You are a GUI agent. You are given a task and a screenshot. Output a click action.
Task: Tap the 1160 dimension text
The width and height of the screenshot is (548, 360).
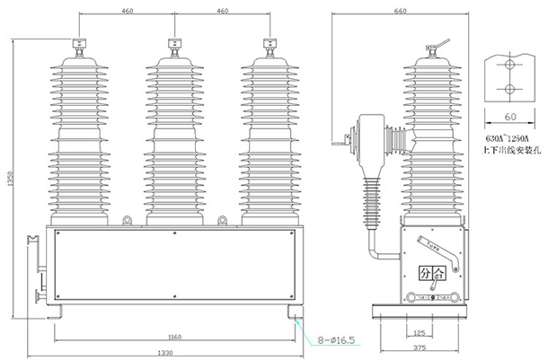click(174, 337)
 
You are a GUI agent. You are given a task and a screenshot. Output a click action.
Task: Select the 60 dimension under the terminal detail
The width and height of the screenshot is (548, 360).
click(508, 117)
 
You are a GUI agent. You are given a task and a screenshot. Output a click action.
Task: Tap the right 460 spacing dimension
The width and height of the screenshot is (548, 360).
click(220, 11)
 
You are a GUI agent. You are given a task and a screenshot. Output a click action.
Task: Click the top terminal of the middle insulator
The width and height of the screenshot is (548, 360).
click(174, 45)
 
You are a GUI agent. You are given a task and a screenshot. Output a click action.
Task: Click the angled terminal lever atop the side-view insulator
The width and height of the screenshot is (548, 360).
click(440, 43)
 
